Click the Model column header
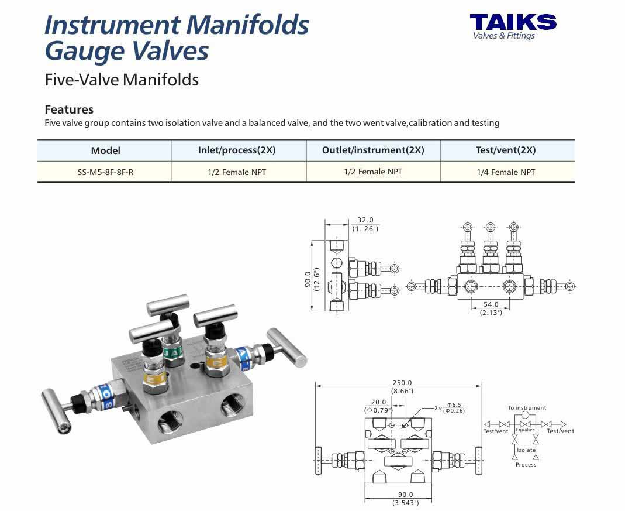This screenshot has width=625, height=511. coord(105,150)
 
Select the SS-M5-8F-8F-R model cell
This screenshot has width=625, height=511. coord(105,173)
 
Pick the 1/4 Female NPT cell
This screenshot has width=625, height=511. coord(506,172)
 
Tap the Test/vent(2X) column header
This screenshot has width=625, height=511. coord(506,150)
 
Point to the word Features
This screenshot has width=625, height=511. coord(69,109)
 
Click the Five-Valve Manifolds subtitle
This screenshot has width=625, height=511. coord(122,80)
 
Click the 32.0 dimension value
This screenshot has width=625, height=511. coord(365,220)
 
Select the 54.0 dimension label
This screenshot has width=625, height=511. coord(491,304)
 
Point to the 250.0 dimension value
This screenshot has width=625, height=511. coord(402,383)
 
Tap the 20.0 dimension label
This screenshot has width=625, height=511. coord(378,402)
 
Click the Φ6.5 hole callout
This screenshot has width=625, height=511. coord(454,404)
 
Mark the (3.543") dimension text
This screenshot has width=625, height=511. coord(405,503)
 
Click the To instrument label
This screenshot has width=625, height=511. coord(527,408)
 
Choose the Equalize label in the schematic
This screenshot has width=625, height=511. coord(525,430)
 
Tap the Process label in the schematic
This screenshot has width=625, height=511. coord(526,465)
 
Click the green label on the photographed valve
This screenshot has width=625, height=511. coord(173,353)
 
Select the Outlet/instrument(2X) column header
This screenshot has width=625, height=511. coord(373,150)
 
